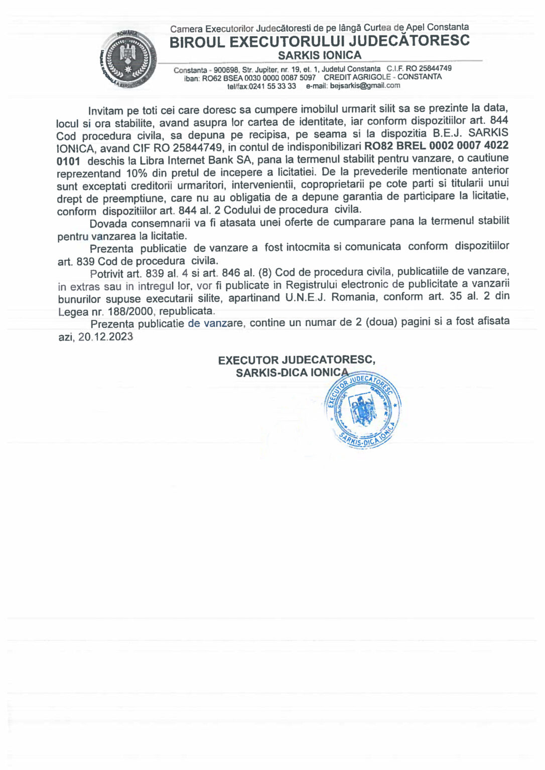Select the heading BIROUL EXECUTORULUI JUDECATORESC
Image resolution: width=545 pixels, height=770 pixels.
tap(319, 42)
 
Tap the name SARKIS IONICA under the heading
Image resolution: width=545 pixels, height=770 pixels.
tap(320, 55)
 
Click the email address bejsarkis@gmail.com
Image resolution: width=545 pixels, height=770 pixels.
tap(365, 85)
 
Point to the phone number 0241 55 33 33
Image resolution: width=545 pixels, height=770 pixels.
tap(272, 86)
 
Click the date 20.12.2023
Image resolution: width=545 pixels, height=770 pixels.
tap(105, 336)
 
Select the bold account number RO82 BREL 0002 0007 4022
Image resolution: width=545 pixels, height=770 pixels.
tap(436, 146)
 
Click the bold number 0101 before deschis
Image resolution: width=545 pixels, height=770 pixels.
tap(68, 161)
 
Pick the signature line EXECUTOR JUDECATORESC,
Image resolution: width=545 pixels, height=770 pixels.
tap(297, 360)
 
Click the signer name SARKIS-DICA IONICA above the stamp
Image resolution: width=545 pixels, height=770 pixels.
tap(292, 372)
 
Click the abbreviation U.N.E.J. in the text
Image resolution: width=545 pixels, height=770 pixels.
tap(305, 297)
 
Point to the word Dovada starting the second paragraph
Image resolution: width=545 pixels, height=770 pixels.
tap(108, 224)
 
